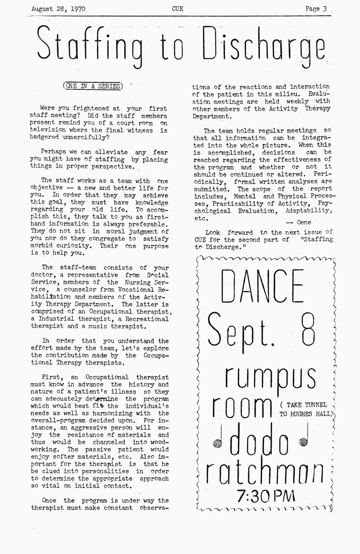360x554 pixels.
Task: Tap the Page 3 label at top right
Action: pos(316,8)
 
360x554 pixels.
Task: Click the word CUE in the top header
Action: pos(177,8)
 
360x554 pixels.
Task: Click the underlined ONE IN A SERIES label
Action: pos(93,86)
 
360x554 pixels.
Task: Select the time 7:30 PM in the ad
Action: pos(266,496)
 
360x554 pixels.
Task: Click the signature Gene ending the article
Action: pos(304,222)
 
